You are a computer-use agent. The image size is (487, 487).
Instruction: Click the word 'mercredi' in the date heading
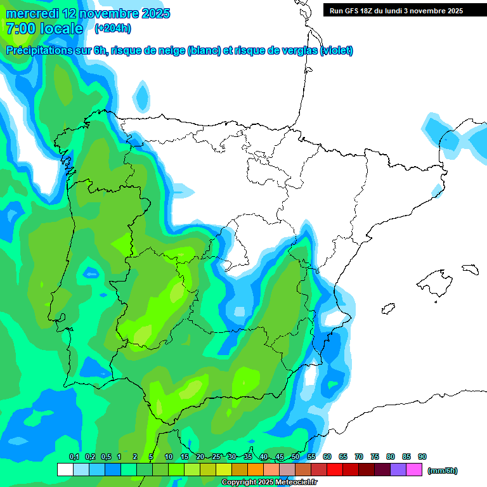click(x=31, y=13)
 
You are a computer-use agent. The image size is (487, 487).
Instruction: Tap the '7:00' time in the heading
click(x=20, y=29)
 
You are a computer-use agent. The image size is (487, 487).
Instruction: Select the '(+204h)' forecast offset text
click(x=113, y=28)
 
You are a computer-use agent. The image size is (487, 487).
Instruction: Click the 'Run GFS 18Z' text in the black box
click(x=356, y=11)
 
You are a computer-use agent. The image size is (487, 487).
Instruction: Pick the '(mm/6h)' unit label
click(x=442, y=471)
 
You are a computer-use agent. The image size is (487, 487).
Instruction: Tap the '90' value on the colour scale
click(x=422, y=457)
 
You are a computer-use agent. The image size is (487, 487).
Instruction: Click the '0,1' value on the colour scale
click(x=74, y=457)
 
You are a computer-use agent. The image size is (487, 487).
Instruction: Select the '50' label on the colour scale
click(x=295, y=457)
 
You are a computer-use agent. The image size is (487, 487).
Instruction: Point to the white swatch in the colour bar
click(x=65, y=470)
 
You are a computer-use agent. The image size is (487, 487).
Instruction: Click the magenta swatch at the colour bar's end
click(x=414, y=470)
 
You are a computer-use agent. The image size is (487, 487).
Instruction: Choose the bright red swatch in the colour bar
click(x=335, y=470)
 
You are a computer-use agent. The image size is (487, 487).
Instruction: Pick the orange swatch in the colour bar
click(x=256, y=470)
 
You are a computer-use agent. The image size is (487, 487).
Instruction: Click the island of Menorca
click(x=470, y=269)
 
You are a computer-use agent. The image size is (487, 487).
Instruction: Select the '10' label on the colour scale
click(x=169, y=457)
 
